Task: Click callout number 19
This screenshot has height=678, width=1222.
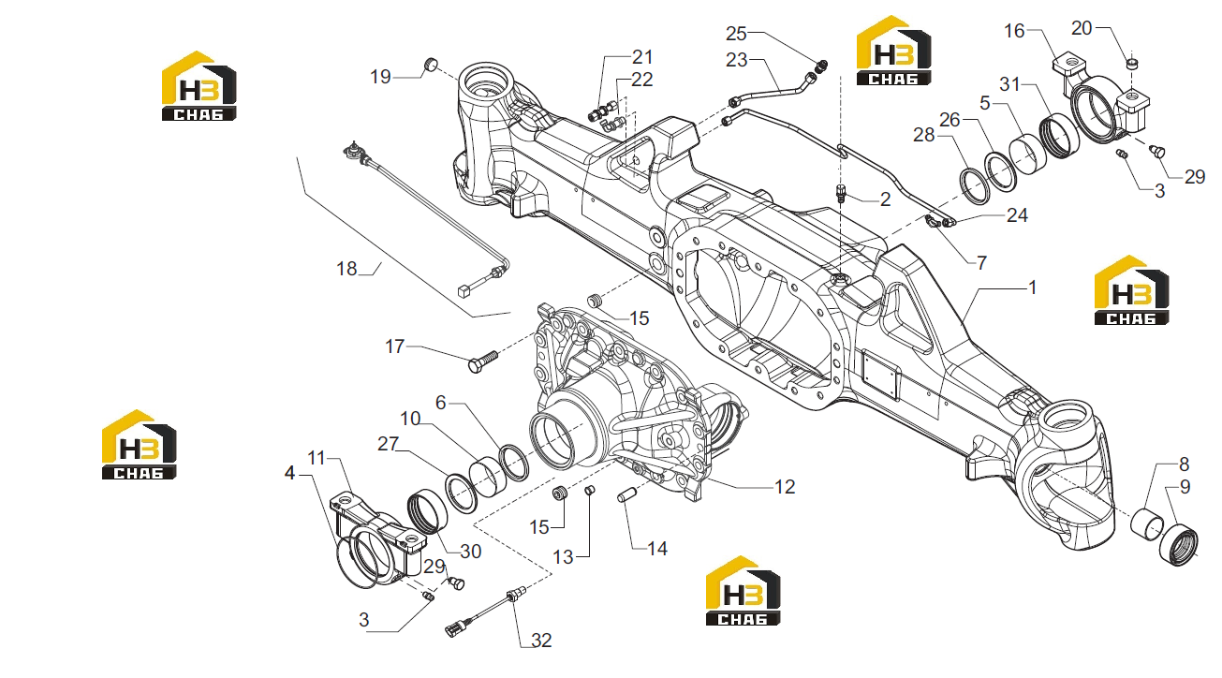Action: pos(380,77)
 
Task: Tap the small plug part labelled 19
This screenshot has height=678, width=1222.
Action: pos(431,65)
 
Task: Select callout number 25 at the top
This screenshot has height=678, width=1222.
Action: pos(735,34)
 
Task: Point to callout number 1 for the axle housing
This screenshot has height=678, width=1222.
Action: pos(1032,287)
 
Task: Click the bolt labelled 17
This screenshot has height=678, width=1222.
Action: pos(483,361)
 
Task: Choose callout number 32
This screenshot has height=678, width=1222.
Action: pos(541,641)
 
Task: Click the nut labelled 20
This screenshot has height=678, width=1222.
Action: pos(1131,63)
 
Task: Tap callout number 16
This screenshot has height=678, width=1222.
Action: pos(1014,31)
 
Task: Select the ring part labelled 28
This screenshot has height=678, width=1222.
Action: pos(975,187)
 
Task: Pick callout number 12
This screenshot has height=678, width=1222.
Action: pos(785,487)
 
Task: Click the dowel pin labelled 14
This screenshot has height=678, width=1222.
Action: pos(627,495)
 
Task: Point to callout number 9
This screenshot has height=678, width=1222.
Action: pos(1185,487)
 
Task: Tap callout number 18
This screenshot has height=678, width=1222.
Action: pos(346,269)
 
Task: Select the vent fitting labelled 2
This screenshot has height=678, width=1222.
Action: pos(841,193)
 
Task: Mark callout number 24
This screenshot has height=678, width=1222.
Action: pos(1017,215)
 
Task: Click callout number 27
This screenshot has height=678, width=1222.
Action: pos(388,444)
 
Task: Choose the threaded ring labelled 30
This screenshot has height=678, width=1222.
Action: pos(428,511)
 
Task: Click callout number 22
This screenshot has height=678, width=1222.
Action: pos(641,80)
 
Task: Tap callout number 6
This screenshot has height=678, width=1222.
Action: pos(441,403)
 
